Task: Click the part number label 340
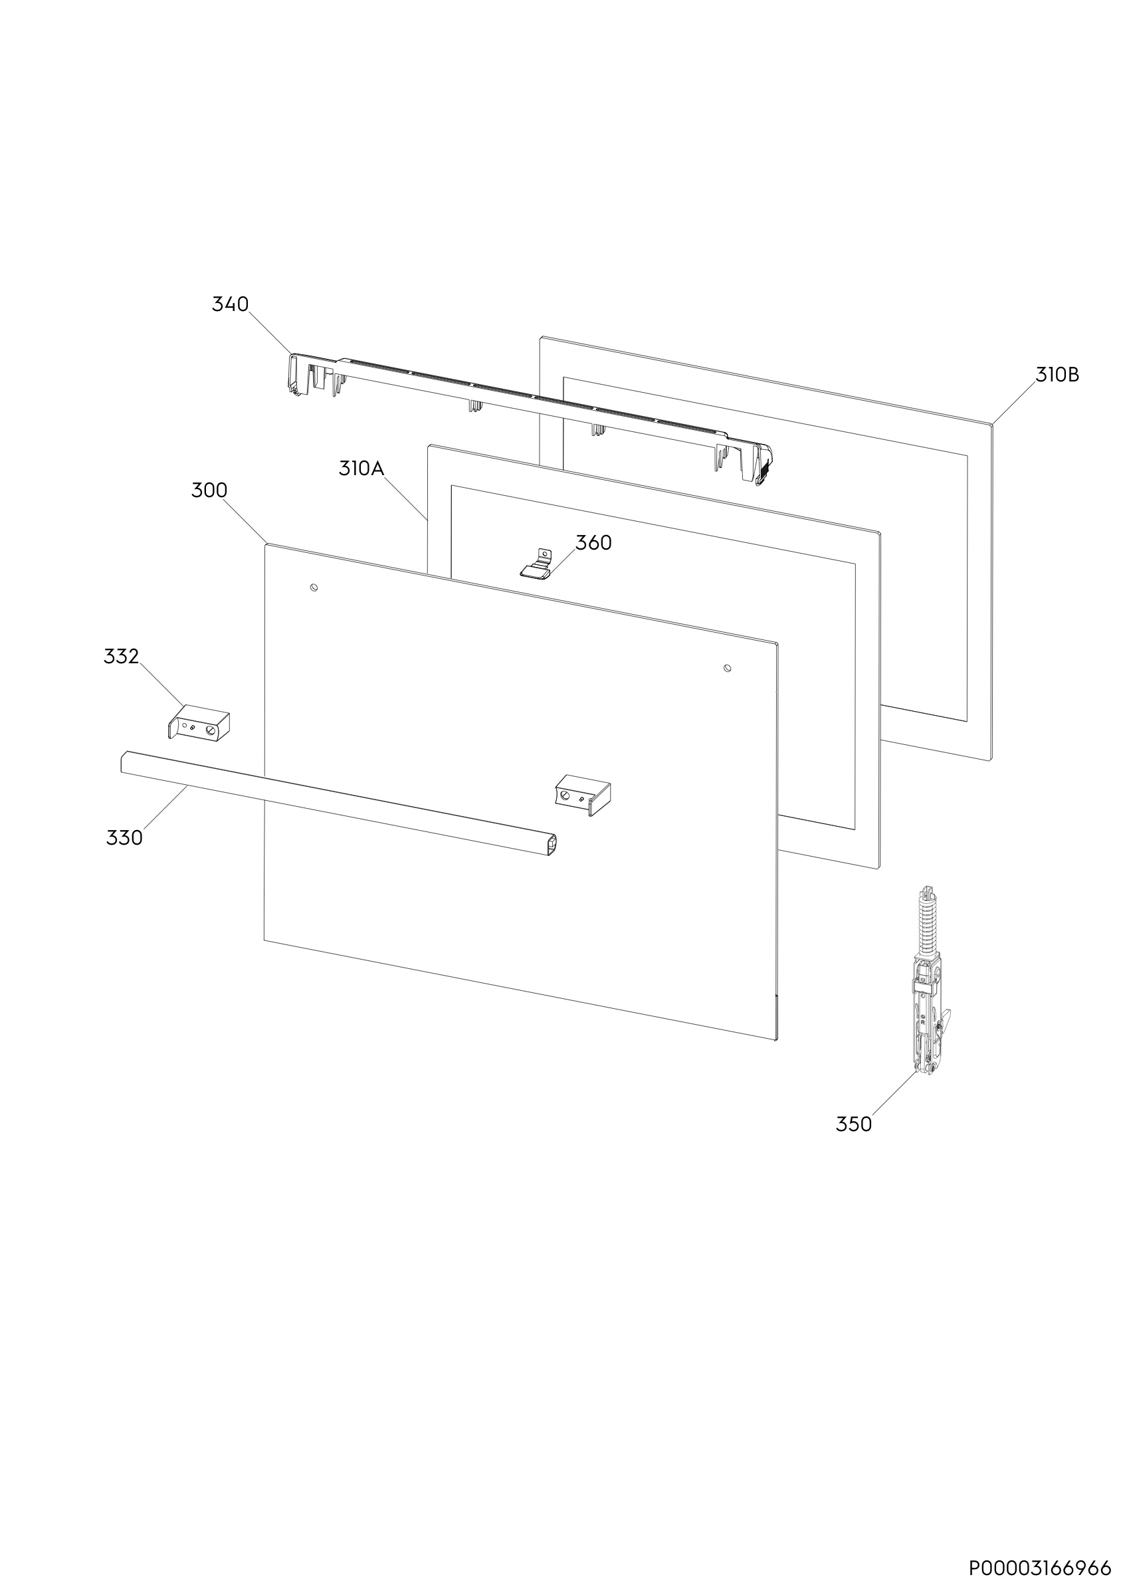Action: click(x=230, y=304)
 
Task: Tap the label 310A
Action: click(x=361, y=469)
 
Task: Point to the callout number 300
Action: click(x=209, y=490)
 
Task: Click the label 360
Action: click(x=593, y=542)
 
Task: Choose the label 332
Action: click(x=122, y=657)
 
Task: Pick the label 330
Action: click(x=124, y=839)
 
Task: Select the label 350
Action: click(x=853, y=1124)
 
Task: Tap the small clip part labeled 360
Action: click(x=536, y=564)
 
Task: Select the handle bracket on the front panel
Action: click(x=583, y=796)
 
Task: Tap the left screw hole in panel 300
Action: click(x=314, y=587)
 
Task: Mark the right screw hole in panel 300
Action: click(x=727, y=669)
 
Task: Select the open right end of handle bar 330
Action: click(x=553, y=845)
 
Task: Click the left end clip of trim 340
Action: click(x=300, y=374)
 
